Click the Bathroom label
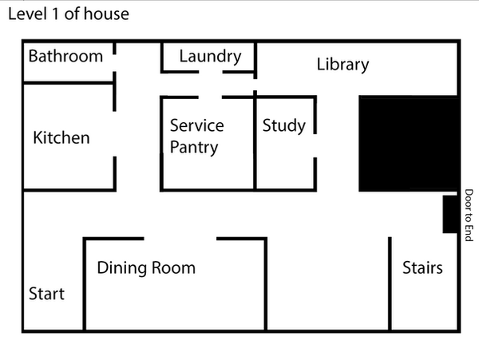(x=65, y=56)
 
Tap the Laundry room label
(x=210, y=56)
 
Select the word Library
(x=342, y=65)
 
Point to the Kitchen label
(x=61, y=137)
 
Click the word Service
(x=197, y=125)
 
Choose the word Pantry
(x=194, y=148)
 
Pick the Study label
(x=284, y=125)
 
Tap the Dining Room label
(x=146, y=267)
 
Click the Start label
(x=46, y=294)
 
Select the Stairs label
(x=422, y=267)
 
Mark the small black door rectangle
(x=450, y=214)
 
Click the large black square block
(x=408, y=144)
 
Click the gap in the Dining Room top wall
(x=180, y=238)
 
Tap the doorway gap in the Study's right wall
(x=315, y=145)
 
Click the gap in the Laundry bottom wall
(x=210, y=72)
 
